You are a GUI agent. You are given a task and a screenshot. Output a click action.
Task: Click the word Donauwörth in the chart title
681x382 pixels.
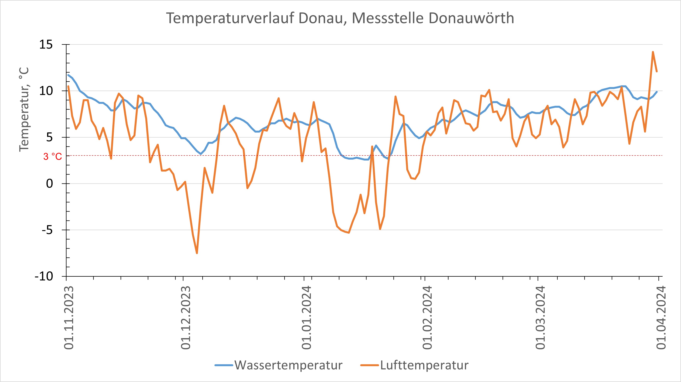point(471,18)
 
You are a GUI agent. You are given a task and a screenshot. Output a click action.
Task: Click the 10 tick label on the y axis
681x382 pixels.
point(46,91)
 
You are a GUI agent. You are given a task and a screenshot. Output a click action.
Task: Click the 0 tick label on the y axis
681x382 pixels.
point(49,184)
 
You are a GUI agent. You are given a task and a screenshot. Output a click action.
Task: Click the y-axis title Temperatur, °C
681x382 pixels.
point(24,109)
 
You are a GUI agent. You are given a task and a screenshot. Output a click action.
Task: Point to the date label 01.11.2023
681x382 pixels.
point(69,317)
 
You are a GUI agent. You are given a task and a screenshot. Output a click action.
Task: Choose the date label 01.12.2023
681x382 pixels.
point(186,317)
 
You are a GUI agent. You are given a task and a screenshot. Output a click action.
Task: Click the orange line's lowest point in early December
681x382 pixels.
point(197,253)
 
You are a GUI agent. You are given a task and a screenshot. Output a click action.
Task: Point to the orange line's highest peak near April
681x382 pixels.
point(653,52)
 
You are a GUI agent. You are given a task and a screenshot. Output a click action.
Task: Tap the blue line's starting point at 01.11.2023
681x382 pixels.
point(68,75)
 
